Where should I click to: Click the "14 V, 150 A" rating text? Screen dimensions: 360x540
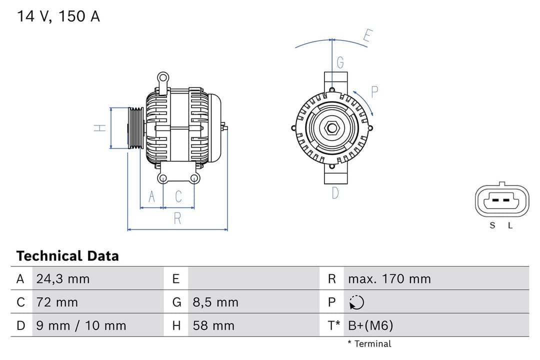pyautogui.click(x=58, y=16)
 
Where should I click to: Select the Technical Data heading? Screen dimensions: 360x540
pyautogui.click(x=67, y=256)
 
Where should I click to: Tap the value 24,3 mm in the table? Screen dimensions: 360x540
pyautogui.click(x=62, y=279)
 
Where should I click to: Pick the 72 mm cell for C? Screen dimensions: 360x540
pyautogui.click(x=57, y=302)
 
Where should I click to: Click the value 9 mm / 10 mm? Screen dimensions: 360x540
pyautogui.click(x=81, y=326)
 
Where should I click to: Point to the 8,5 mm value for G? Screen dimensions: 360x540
pyautogui.click(x=215, y=302)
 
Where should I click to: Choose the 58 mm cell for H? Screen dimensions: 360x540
pyautogui.click(x=213, y=326)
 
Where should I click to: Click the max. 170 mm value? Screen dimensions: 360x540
pyautogui.click(x=389, y=279)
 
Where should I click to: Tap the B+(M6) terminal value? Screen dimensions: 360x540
pyautogui.click(x=370, y=326)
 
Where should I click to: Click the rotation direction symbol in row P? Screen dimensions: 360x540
pyautogui.click(x=356, y=302)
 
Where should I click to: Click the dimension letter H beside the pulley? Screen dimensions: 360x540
pyautogui.click(x=100, y=128)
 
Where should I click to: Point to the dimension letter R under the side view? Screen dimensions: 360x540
pyautogui.click(x=177, y=218)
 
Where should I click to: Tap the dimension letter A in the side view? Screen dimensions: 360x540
pyautogui.click(x=152, y=197)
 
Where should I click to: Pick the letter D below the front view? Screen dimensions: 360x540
pyautogui.click(x=335, y=193)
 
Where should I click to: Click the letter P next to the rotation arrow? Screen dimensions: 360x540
pyautogui.click(x=374, y=92)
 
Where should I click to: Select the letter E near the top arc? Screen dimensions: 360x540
pyautogui.click(x=368, y=36)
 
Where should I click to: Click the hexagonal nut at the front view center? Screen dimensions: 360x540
pyautogui.click(x=332, y=128)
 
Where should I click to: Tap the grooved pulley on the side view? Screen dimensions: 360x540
pyautogui.click(x=135, y=128)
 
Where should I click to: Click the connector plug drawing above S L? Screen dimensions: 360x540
pyautogui.click(x=501, y=201)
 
